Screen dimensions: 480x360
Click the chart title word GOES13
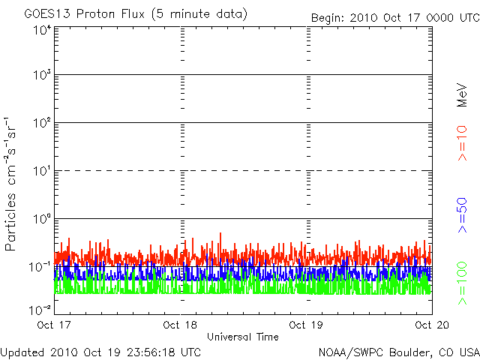tap(48, 14)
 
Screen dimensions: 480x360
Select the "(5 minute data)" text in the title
tap(199, 14)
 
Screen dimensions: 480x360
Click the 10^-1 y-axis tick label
tap(40, 267)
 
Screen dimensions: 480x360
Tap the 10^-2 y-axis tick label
tap(40, 310)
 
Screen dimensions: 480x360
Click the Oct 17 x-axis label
tap(54, 325)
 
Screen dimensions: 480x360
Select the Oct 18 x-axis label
tap(180, 325)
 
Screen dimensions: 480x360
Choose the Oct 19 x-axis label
tap(306, 325)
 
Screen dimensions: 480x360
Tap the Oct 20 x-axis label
tap(432, 325)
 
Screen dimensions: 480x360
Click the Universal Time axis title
tap(243, 337)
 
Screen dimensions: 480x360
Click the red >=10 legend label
tap(462, 143)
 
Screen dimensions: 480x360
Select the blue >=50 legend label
tap(462, 215)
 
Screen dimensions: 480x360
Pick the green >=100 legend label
tap(462, 283)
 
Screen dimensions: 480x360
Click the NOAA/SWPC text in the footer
tap(351, 352)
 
